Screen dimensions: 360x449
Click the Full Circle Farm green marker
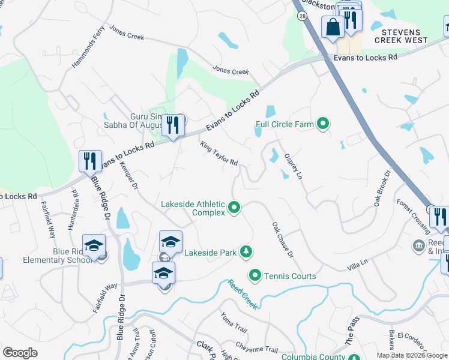324,124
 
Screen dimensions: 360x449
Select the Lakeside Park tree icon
245,252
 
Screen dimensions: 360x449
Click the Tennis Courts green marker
255,276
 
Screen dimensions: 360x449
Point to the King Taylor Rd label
219,154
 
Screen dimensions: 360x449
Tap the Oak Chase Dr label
282,240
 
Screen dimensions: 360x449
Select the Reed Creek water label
243,294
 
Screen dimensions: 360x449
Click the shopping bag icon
333,26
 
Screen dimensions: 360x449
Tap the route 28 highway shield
301,17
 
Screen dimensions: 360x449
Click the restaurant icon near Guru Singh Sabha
173,125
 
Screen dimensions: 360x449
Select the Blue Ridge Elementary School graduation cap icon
94,245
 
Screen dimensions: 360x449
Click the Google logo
20,353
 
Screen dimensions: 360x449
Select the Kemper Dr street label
129,176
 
